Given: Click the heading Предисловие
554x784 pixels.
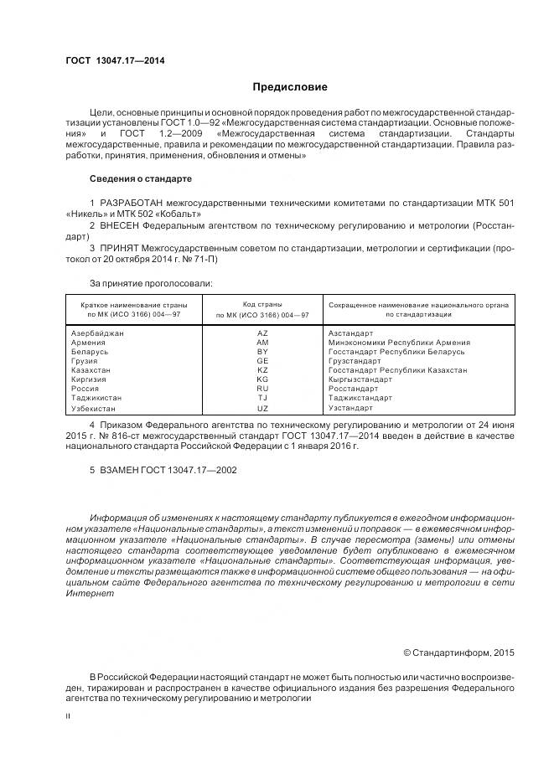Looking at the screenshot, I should pyautogui.click(x=290, y=87).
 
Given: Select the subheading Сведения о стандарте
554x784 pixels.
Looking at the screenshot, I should pyautogui.click(x=141, y=179).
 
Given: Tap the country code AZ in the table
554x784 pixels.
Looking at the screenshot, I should pyautogui.click(x=262, y=333).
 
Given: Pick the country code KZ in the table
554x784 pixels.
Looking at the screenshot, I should pyautogui.click(x=262, y=370).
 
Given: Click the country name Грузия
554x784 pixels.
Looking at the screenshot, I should pyautogui.click(x=85, y=361).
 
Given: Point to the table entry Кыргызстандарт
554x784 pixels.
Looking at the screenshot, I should pyautogui.click(x=360, y=379).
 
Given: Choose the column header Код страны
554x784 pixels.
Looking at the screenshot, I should pyautogui.click(x=262, y=304).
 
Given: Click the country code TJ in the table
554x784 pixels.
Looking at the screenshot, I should pyautogui.click(x=262, y=398).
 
